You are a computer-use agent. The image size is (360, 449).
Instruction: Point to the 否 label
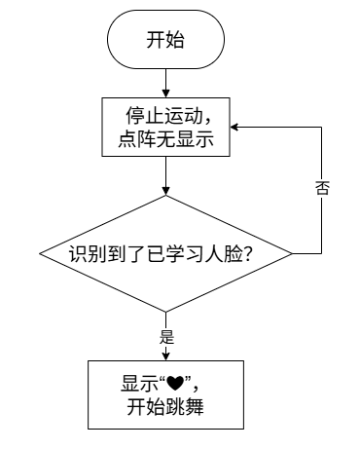[x=322, y=188]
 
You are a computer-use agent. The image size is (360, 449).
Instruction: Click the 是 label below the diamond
[x=166, y=337]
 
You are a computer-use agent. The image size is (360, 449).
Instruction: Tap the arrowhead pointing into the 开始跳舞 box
[x=165, y=356]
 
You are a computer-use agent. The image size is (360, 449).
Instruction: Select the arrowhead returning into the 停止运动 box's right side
[x=234, y=127]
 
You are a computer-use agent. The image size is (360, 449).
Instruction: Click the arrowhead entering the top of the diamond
[x=165, y=191]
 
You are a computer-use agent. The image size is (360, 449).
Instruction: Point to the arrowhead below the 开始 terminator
[x=165, y=94]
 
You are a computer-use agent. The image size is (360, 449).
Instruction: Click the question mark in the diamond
[x=247, y=254]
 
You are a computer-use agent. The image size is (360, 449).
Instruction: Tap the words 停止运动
[x=164, y=116]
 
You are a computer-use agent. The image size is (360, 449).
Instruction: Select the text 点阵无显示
[x=165, y=139]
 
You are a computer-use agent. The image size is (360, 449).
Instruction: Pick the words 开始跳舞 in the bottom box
[x=165, y=407]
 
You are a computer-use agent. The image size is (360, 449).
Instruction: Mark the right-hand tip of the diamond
[x=292, y=253]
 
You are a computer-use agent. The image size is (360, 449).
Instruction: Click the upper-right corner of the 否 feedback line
[x=321, y=127]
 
